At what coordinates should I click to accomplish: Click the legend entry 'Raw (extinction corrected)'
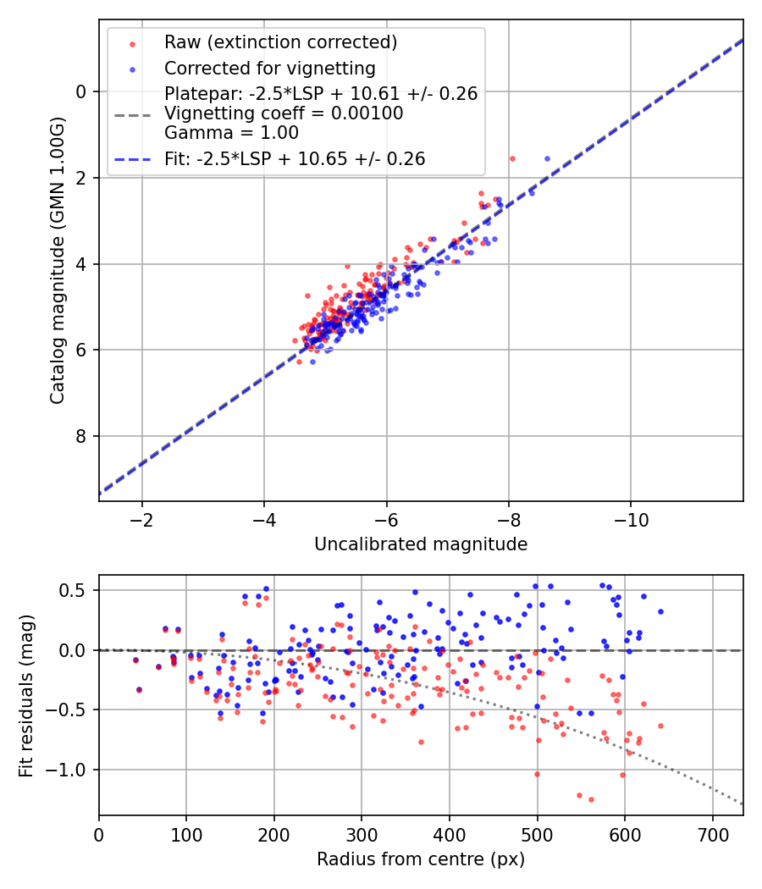(x=280, y=42)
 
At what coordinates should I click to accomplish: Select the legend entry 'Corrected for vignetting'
(x=269, y=68)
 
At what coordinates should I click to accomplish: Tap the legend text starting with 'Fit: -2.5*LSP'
(x=295, y=158)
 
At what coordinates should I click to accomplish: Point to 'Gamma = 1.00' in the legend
(x=231, y=132)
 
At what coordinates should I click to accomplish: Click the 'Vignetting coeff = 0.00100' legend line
(x=284, y=113)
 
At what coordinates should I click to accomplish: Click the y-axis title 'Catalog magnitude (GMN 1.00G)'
(x=57, y=261)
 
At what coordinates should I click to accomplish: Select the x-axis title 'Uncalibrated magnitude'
(x=421, y=544)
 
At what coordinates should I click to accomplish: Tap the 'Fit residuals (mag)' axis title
(x=25, y=695)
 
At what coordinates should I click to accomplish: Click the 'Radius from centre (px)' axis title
(x=421, y=859)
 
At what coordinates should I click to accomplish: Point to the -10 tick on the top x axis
(x=631, y=519)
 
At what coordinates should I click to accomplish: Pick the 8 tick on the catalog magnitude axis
(x=81, y=436)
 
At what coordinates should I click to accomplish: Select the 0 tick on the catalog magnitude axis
(x=81, y=91)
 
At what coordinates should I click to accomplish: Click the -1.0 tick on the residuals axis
(x=72, y=770)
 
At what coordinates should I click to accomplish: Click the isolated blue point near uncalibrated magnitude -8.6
(x=547, y=158)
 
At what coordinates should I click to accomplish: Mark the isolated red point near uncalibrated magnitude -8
(x=512, y=158)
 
